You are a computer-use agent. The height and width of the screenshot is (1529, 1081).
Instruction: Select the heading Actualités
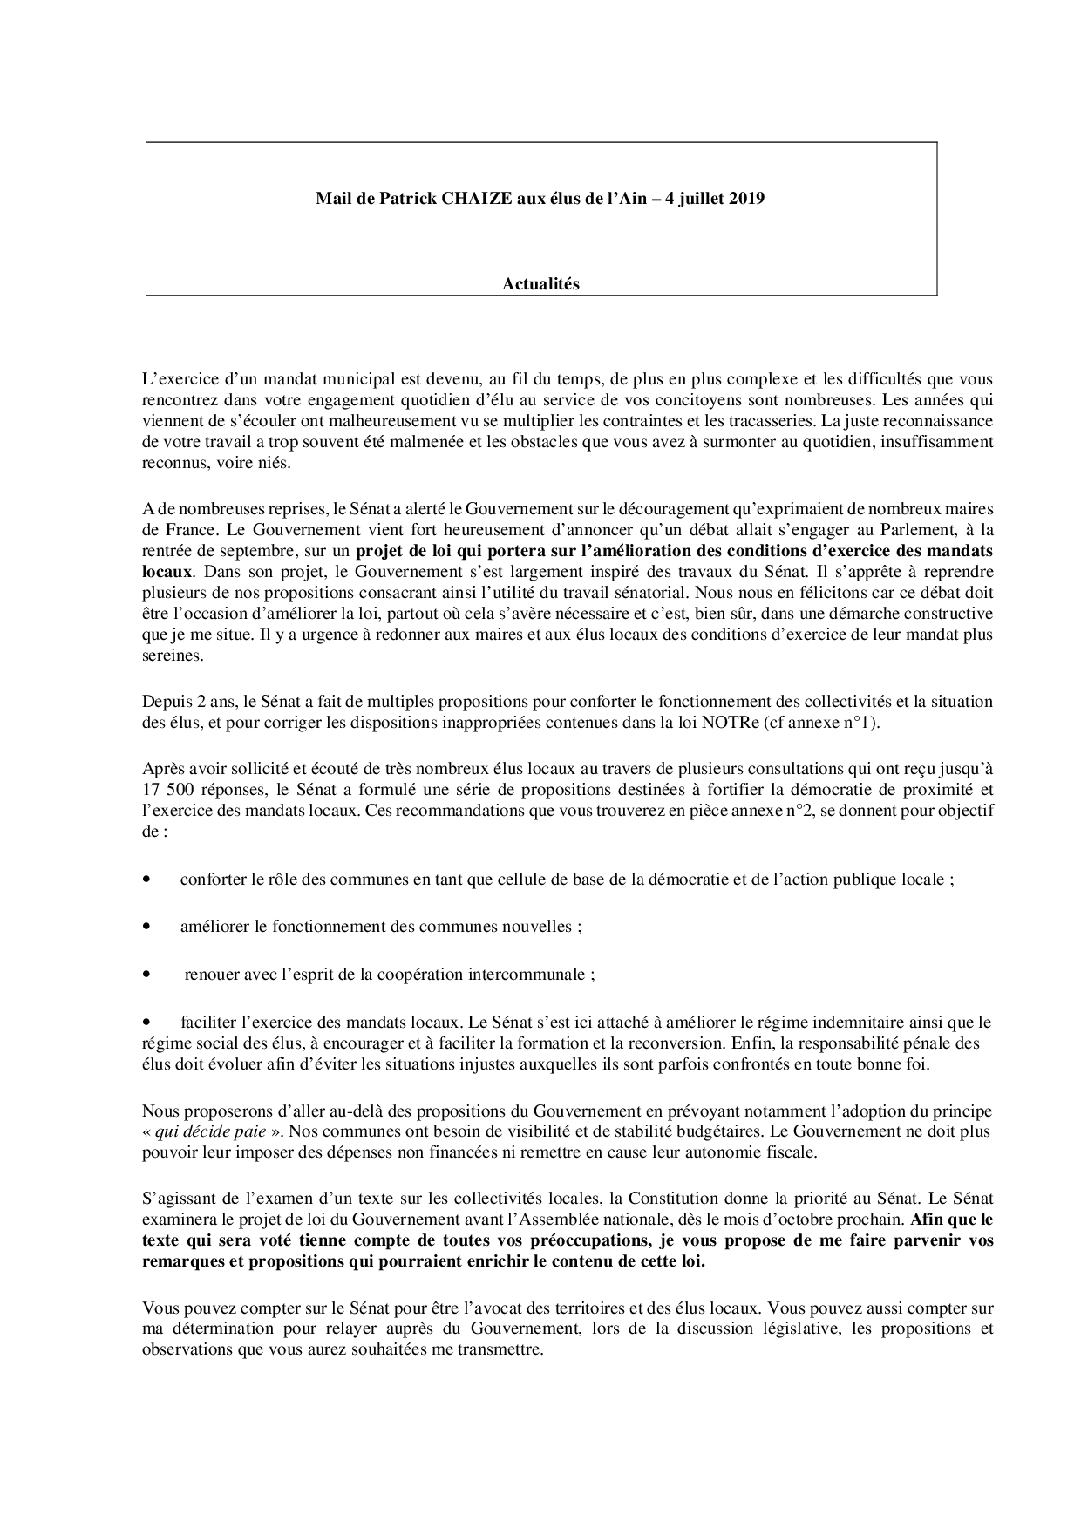tap(540, 283)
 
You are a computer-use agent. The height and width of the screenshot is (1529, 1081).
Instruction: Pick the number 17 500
tap(168, 790)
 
